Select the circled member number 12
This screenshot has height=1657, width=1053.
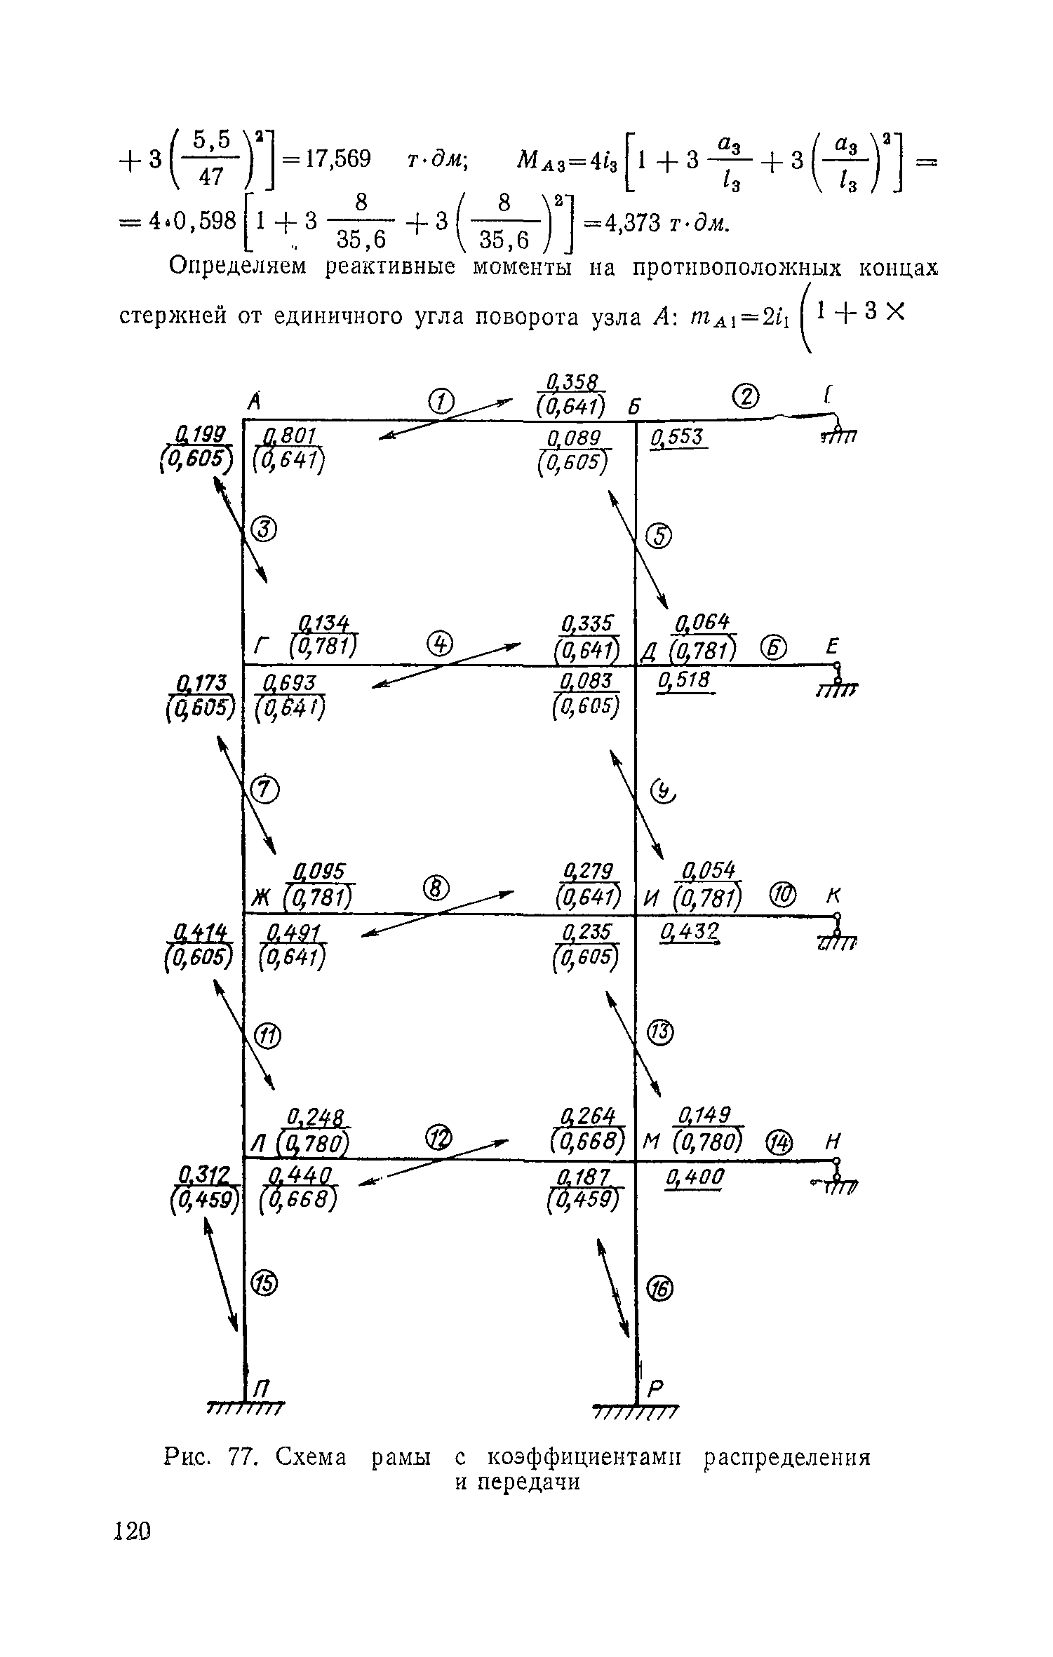(441, 1136)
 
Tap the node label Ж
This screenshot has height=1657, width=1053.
(261, 897)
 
